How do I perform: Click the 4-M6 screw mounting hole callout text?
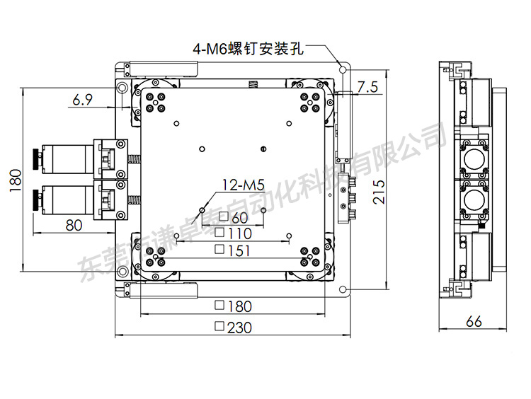(x=248, y=49)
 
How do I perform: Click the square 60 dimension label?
(x=234, y=216)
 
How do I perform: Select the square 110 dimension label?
(x=233, y=233)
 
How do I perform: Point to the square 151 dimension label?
(x=233, y=249)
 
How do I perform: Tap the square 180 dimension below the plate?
(x=233, y=306)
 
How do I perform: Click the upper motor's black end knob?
(x=35, y=158)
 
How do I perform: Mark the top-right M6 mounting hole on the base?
(x=343, y=70)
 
